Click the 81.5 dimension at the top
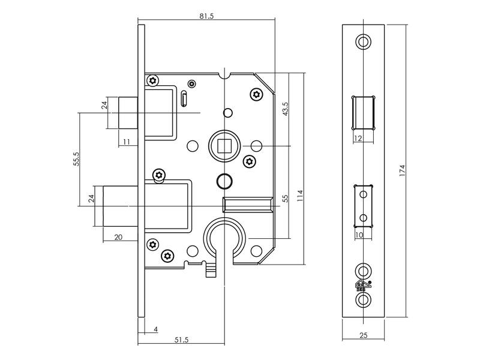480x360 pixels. (206, 16)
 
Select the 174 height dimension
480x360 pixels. (402, 170)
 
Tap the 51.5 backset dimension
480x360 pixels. (182, 340)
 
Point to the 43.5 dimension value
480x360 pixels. (286, 109)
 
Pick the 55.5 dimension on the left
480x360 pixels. (76, 159)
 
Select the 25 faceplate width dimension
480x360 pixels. (364, 335)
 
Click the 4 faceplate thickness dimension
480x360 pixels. (156, 329)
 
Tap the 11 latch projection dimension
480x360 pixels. (127, 142)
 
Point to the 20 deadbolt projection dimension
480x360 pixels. (118, 237)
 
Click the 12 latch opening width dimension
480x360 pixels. (358, 139)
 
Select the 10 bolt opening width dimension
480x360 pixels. (359, 235)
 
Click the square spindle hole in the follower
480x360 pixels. (224, 146)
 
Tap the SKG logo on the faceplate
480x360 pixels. (363, 286)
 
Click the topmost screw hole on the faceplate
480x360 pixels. (363, 41)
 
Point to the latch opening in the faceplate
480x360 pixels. (364, 113)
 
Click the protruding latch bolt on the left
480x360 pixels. (128, 113)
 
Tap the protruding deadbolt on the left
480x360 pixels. (121, 206)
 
